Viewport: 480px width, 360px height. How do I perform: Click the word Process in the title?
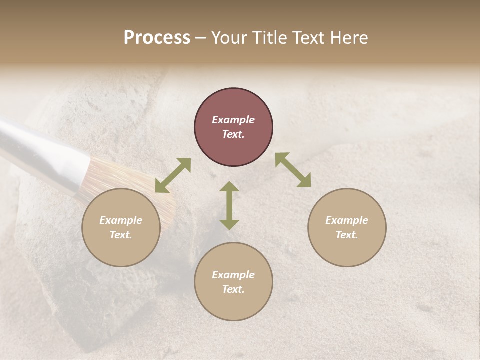point(157,38)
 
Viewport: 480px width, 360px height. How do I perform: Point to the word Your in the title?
point(229,38)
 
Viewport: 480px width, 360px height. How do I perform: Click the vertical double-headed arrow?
point(229,205)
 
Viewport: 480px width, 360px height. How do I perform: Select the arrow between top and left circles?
point(173,175)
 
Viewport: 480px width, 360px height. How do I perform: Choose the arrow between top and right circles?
point(293,170)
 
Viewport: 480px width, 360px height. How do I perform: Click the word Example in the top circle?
point(233,120)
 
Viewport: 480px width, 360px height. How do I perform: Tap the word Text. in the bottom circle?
point(233,289)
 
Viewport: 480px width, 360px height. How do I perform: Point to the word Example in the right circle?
point(347,220)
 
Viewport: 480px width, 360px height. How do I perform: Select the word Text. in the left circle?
point(121,235)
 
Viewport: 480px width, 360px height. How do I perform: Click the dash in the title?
point(200,38)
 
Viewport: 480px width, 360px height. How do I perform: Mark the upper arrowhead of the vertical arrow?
point(229,188)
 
